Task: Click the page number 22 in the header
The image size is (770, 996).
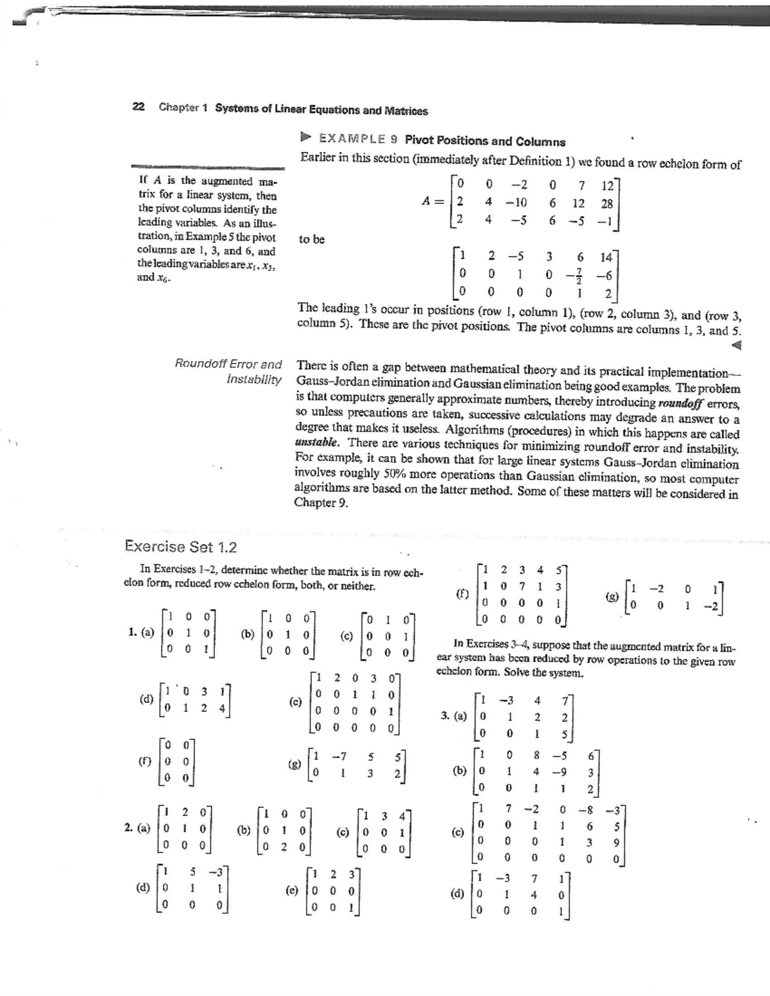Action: tap(137, 107)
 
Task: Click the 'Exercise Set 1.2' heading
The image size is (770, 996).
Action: tap(180, 546)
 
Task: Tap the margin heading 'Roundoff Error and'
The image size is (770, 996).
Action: tap(228, 364)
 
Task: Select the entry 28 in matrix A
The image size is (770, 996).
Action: tap(606, 203)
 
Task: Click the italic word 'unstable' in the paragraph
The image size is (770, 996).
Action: tap(317, 443)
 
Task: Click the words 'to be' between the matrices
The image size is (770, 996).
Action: tap(312, 239)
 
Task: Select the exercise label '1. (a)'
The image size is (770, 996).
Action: tap(141, 632)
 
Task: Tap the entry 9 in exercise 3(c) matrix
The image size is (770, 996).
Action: tap(615, 842)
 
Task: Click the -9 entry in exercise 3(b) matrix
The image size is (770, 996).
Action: tap(561, 771)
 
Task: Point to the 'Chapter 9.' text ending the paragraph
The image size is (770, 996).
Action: tap(321, 503)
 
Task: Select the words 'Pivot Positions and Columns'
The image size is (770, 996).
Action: tap(485, 141)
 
